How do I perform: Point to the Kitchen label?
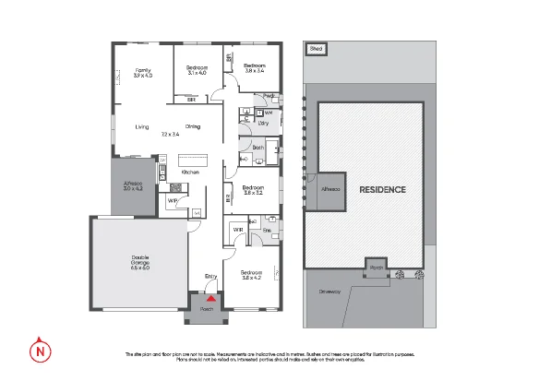[190, 173]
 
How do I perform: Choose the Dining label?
[193, 126]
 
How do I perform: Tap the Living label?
[142, 126]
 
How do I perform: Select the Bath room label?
[258, 147]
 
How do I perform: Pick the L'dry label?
[263, 122]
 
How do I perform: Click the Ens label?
[267, 230]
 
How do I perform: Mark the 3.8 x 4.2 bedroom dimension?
[253, 278]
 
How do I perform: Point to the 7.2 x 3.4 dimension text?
[169, 135]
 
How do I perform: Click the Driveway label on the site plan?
[329, 292]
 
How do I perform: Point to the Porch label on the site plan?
[377, 268]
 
